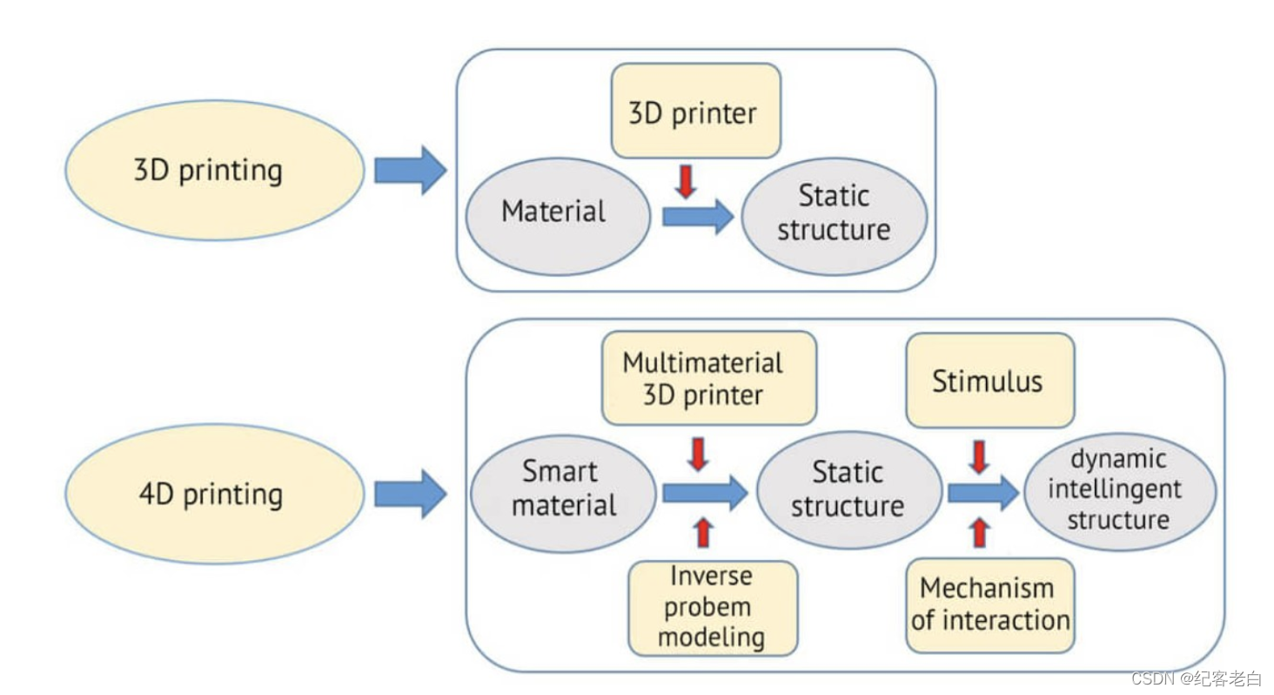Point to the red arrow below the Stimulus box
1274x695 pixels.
(979, 456)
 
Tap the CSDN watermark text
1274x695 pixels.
(1197, 678)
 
